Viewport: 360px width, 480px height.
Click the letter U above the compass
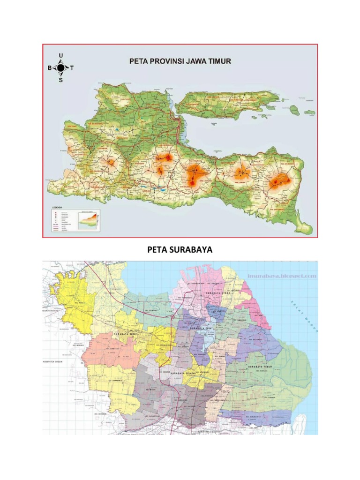click(60, 55)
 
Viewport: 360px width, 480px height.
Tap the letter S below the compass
click(60, 80)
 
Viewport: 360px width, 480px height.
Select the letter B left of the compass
click(49, 68)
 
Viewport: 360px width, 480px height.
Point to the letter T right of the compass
click(72, 68)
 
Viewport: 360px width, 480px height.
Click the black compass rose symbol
click(60, 68)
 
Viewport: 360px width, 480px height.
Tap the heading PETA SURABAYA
click(180, 250)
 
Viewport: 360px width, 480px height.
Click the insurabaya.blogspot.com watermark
click(289, 276)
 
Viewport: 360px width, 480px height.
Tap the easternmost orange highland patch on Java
click(280, 180)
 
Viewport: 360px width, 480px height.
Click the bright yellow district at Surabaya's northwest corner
click(75, 300)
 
